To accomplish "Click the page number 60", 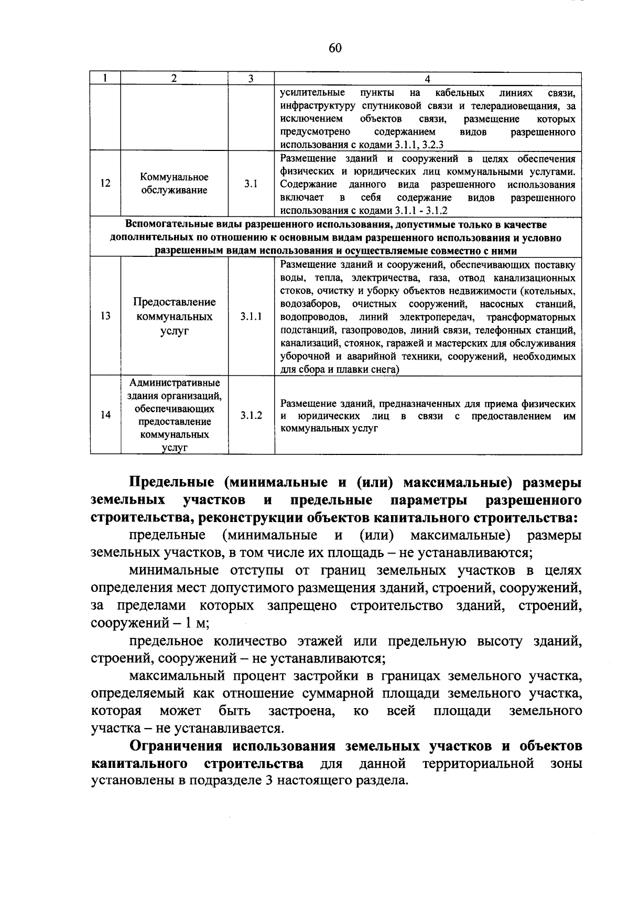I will pyautogui.click(x=335, y=48).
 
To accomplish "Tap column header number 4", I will pyautogui.click(x=427, y=79).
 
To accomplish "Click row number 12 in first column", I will pyautogui.click(x=105, y=184).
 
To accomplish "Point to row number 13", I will pyautogui.click(x=105, y=317).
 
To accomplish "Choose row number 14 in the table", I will pyautogui.click(x=105, y=415).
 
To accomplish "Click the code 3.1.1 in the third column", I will pyautogui.click(x=251, y=317).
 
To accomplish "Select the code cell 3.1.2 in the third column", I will pyautogui.click(x=251, y=415).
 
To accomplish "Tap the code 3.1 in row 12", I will pyautogui.click(x=251, y=184).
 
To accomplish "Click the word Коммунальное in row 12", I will pyautogui.click(x=175, y=177).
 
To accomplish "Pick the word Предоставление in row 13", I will pyautogui.click(x=175, y=302).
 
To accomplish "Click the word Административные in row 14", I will pyautogui.click(x=175, y=383).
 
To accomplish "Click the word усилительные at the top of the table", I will pyautogui.click(x=312, y=93).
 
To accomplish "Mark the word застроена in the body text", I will pyautogui.click(x=300, y=711).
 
